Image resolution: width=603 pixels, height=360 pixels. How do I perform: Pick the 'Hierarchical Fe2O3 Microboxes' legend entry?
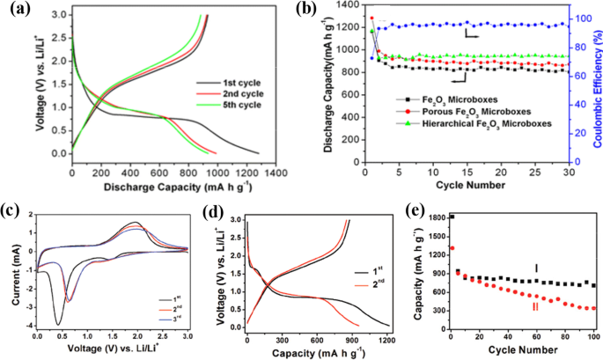[481, 124]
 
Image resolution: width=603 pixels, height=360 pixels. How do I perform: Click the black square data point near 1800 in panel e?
[452, 217]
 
